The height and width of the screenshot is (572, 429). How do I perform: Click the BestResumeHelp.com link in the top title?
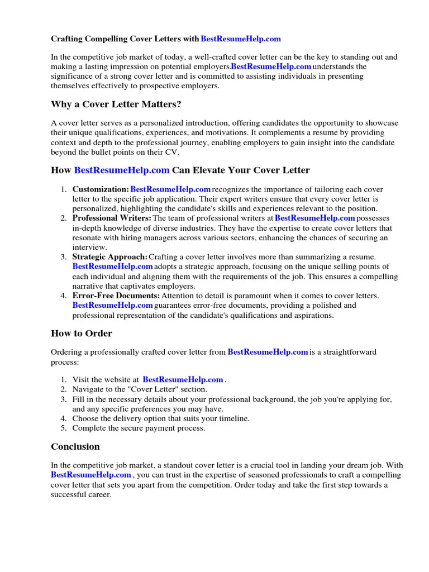(240, 39)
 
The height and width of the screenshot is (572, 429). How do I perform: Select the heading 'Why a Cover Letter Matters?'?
(116, 104)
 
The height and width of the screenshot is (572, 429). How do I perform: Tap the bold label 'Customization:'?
(101, 189)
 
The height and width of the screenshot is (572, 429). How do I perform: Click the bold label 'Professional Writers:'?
(112, 218)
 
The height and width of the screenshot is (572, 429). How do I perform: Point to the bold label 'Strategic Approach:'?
(110, 256)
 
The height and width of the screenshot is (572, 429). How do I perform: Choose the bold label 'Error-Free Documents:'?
(116, 295)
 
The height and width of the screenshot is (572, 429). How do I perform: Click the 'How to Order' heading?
(82, 333)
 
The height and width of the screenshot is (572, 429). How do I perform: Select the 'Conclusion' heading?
(75, 447)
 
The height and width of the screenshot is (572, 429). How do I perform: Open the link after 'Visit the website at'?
(183, 380)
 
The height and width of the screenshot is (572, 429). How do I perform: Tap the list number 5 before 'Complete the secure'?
(64, 428)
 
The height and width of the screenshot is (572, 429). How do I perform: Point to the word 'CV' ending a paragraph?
(171, 152)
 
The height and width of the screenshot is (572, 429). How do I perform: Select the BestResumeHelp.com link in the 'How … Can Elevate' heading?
(122, 170)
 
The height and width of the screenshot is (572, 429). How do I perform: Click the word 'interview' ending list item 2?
(89, 247)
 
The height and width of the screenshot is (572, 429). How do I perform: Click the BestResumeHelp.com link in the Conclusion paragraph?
(91, 475)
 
